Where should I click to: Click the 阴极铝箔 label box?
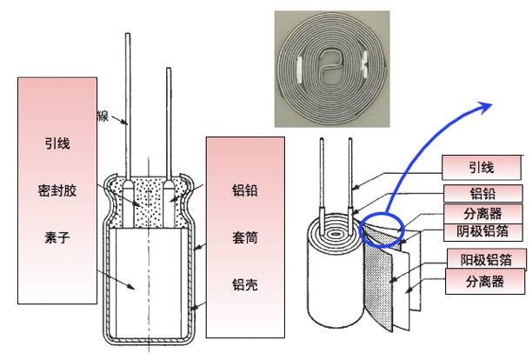coord(477,231)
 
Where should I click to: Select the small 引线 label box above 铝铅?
coord(477,166)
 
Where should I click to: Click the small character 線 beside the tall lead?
coord(102,116)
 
